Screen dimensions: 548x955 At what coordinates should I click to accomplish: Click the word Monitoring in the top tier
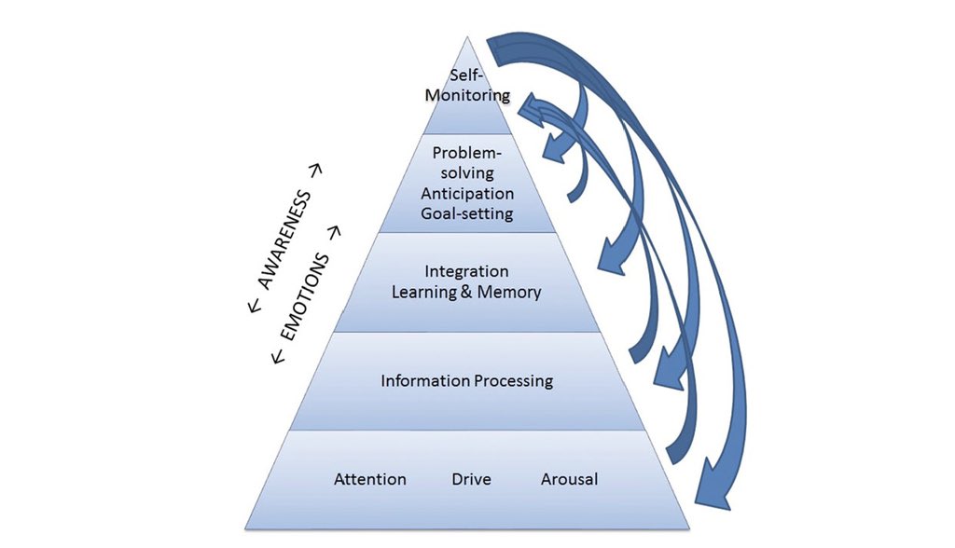coord(466,95)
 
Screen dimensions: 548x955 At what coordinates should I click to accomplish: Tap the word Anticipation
coord(466,194)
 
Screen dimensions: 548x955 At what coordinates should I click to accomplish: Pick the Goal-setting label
coord(466,213)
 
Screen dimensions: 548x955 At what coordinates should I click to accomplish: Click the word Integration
coord(466,271)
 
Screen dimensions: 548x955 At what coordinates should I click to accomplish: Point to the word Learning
coord(424,292)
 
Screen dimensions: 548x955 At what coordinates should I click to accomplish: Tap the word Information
coord(424,380)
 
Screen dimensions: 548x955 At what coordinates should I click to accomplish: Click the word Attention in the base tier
coord(370,480)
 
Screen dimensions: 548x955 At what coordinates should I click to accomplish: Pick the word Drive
coord(471,480)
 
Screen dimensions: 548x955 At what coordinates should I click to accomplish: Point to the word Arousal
coord(569,480)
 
